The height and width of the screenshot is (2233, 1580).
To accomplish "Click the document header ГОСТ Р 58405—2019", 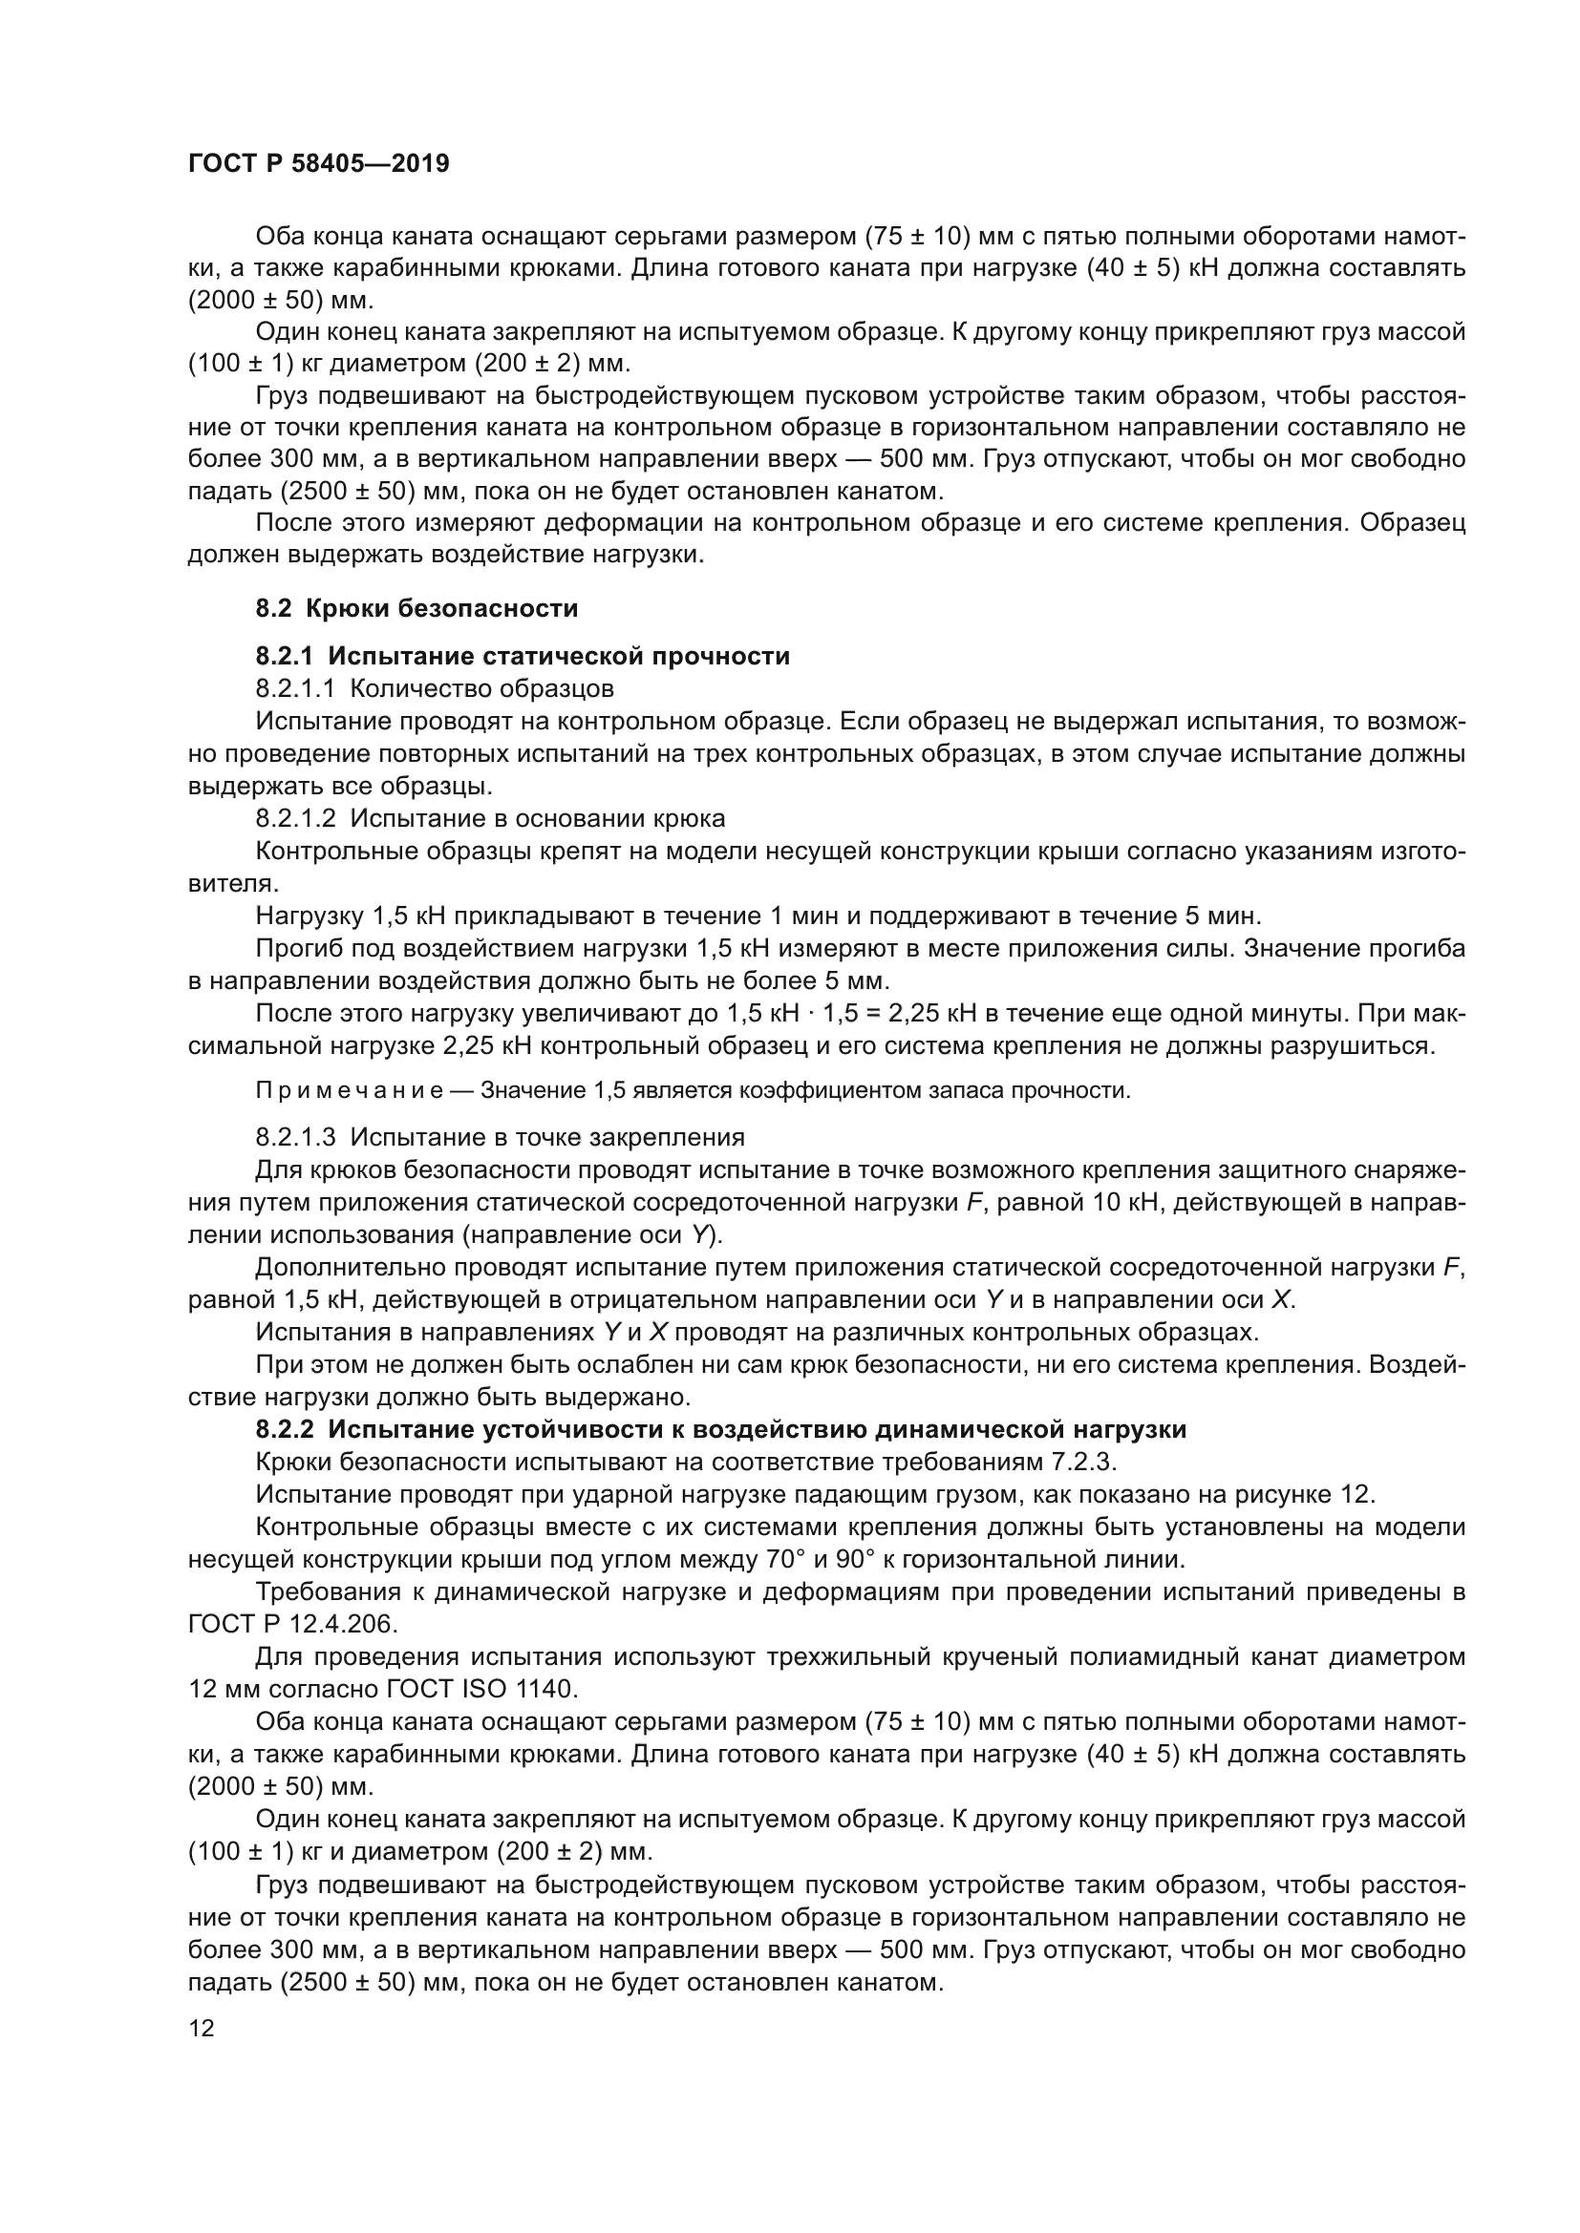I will coord(318,163).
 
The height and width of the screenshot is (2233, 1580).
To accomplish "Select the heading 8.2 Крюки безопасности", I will coord(416,608).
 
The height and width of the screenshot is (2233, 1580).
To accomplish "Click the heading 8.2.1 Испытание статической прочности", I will coord(523,657).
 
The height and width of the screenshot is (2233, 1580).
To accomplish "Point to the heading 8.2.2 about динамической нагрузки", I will coord(720,1430).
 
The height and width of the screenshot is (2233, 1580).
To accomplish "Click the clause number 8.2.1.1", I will coord(295,688).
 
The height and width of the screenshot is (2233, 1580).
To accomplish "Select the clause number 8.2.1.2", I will coord(295,818).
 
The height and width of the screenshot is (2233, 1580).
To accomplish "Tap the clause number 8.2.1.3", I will coord(295,1137).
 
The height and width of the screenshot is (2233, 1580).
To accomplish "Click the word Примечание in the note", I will coord(350,1090).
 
